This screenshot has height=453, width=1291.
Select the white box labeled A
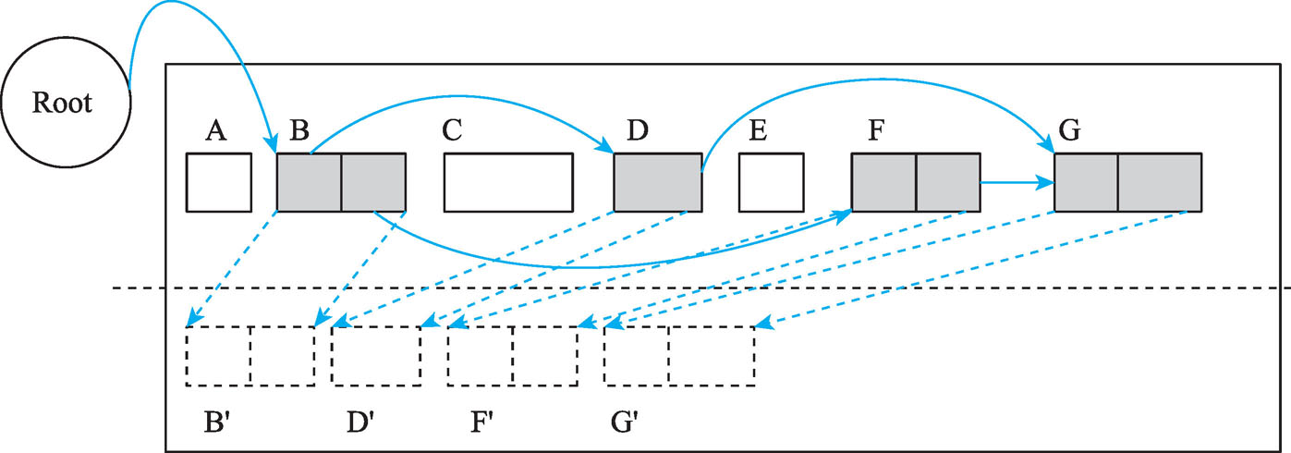[219, 182]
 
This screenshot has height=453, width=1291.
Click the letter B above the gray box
[298, 131]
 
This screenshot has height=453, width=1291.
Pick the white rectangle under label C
[508, 182]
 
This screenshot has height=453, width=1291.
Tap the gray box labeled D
[658, 182]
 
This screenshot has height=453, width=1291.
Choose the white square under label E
[771, 182]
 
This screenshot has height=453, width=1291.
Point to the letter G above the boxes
[1069, 131]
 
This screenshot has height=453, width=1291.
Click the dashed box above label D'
[376, 356]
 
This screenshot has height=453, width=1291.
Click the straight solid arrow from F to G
[1017, 182]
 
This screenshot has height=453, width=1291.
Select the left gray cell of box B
[310, 182]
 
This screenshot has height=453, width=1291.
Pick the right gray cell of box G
[1159, 182]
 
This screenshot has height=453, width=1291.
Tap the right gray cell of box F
[947, 182]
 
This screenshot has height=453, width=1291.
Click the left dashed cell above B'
[218, 356]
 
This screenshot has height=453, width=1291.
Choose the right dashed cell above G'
[712, 356]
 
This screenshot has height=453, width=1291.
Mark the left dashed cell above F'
[481, 356]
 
